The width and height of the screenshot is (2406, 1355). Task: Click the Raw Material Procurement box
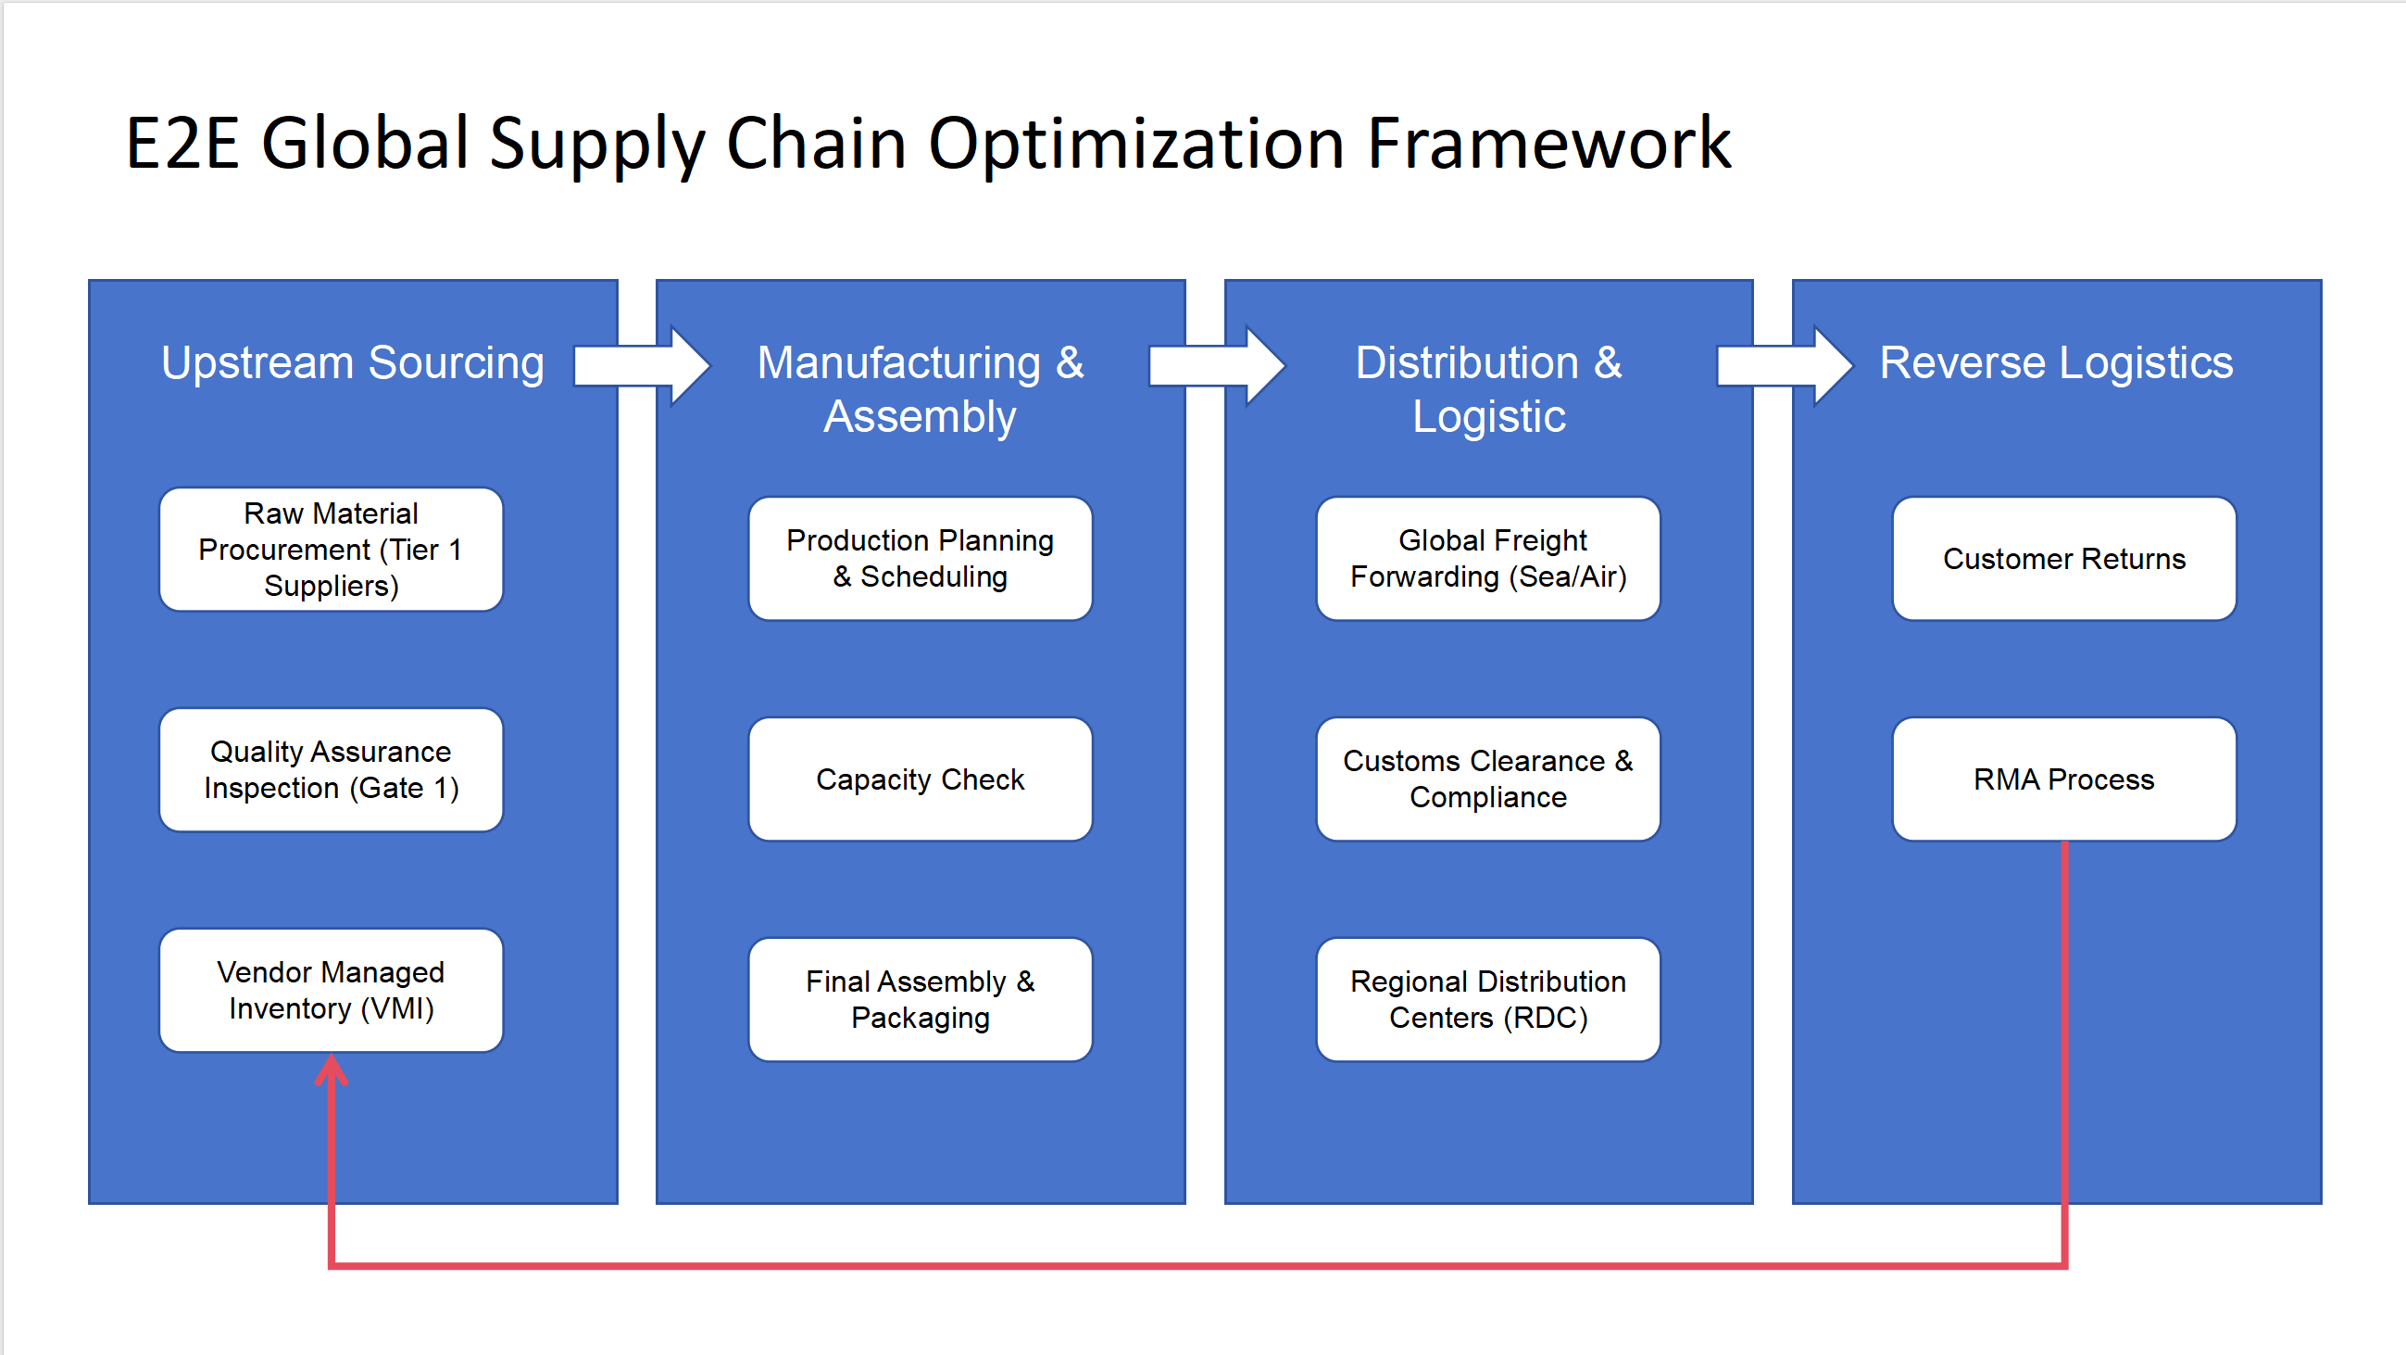pos(331,550)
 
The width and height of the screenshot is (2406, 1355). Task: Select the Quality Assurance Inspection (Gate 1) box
pos(331,770)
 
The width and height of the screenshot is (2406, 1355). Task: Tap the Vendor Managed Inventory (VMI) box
pos(331,991)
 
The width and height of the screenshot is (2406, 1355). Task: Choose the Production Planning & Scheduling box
pos(920,559)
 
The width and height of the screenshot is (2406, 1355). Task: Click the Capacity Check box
pos(920,779)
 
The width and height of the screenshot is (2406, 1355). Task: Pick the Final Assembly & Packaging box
pos(920,1000)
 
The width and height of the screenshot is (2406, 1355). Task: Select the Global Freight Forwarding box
pos(1488,559)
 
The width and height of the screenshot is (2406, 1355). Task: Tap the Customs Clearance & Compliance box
pos(1488,779)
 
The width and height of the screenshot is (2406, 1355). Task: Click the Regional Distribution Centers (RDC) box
pos(1488,1000)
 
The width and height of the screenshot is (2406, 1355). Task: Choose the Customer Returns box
pos(2064,559)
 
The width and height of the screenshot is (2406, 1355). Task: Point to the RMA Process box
pos(2064,779)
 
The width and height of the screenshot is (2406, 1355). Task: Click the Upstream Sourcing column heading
pos(352,362)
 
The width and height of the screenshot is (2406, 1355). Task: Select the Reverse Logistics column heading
pos(2056,362)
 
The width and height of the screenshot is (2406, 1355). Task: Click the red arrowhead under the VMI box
pos(332,1070)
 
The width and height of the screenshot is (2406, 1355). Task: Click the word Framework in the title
pos(1548,144)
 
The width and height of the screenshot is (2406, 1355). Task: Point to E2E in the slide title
pos(183,144)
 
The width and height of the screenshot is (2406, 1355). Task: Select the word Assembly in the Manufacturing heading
pos(920,417)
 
